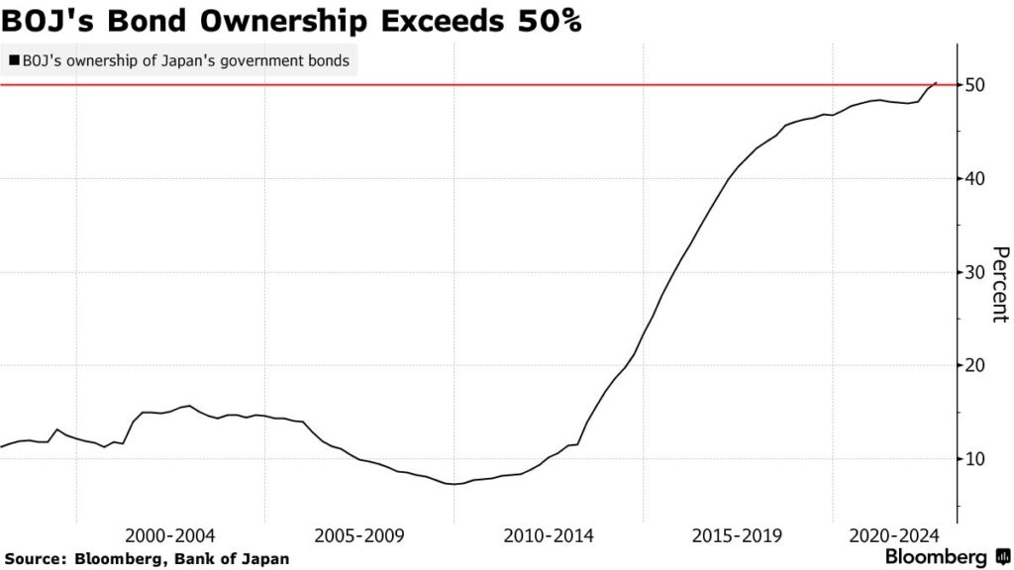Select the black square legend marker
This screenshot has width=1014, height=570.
14,61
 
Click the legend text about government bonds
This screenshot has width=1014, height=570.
185,61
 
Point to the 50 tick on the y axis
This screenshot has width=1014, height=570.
974,85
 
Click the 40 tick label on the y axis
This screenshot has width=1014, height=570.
974,178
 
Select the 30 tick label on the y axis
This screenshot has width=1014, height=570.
974,272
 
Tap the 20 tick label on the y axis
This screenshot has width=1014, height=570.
974,365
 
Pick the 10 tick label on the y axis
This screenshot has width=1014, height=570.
974,459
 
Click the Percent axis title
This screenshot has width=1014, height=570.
1000,284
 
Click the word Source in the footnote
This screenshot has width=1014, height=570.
33,558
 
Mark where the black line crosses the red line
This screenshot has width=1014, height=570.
934,85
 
